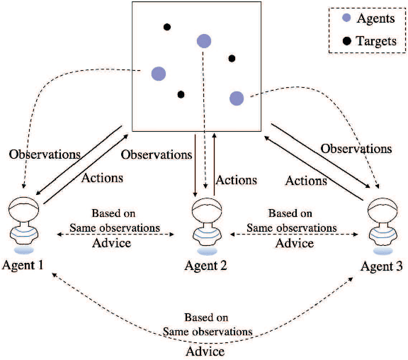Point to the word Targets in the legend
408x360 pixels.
[376, 41]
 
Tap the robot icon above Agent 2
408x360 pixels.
[205, 225]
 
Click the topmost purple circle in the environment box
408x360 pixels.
[204, 41]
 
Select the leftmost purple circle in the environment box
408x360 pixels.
[158, 73]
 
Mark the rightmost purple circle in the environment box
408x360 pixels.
[237, 98]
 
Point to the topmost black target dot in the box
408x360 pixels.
[167, 28]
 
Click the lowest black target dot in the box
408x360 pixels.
[181, 94]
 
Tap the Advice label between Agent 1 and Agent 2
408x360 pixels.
[112, 244]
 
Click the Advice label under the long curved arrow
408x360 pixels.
[205, 351]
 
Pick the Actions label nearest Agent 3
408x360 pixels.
[306, 181]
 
